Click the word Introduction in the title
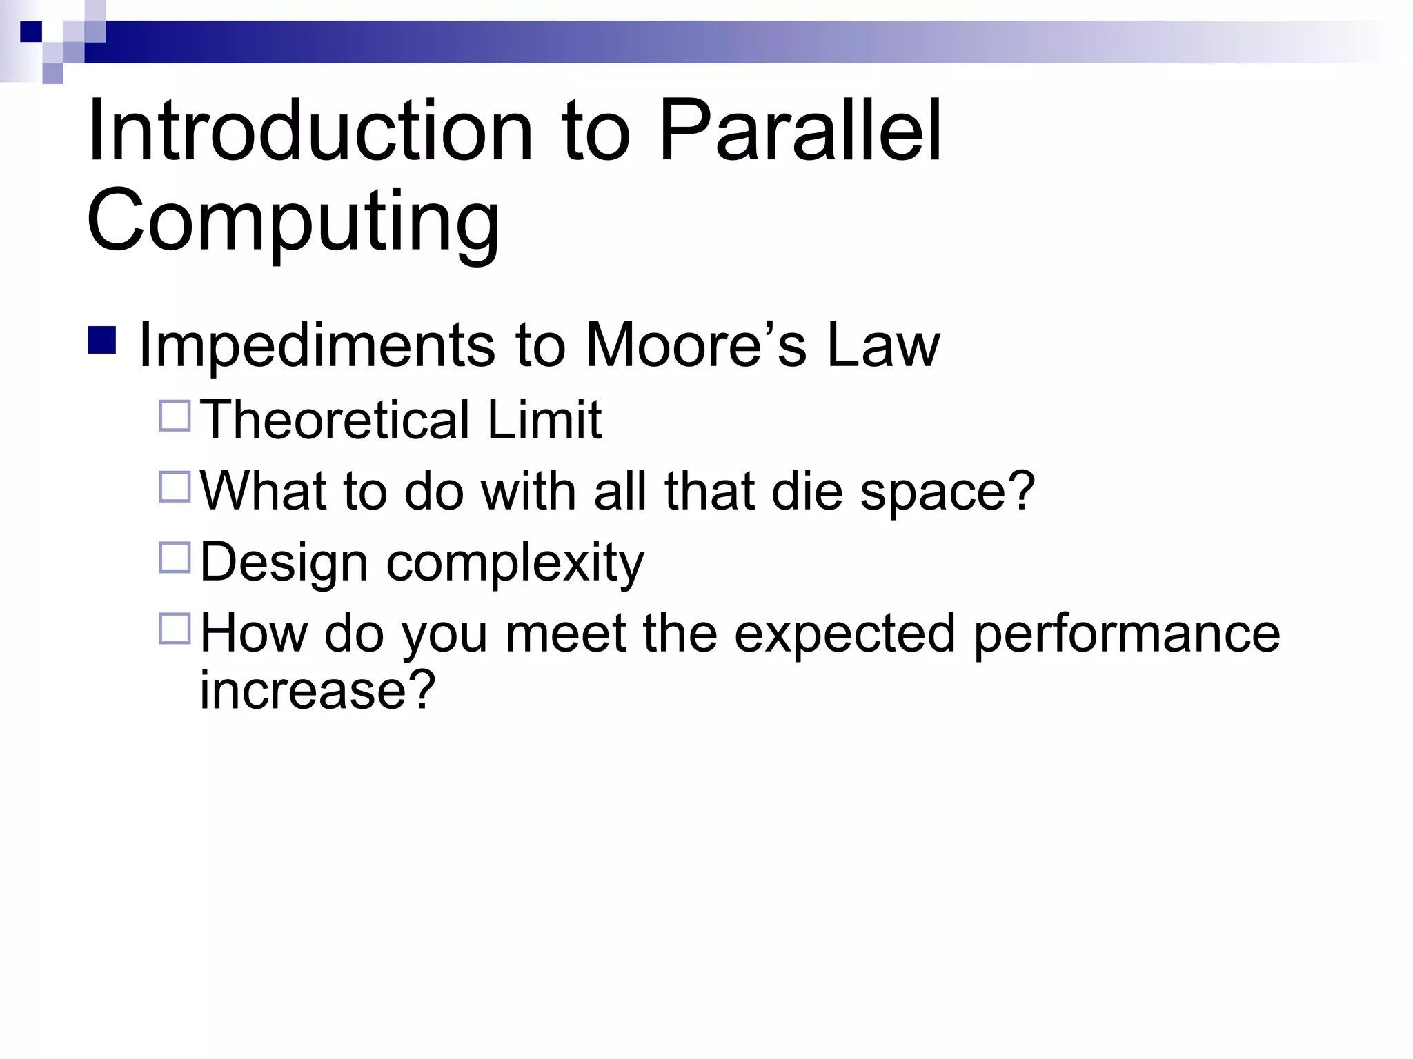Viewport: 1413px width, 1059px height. coord(310,131)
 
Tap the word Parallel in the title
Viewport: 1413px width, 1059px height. coord(800,131)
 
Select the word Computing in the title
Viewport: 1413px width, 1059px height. coord(293,221)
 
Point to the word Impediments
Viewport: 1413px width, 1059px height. coord(317,345)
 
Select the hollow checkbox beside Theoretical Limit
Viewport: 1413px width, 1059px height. coord(175,416)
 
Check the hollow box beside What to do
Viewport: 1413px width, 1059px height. coord(175,487)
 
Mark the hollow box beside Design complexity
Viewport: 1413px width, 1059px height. coord(175,558)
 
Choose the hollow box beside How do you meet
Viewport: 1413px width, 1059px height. coord(175,629)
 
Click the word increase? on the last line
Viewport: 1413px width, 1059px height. coord(317,689)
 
